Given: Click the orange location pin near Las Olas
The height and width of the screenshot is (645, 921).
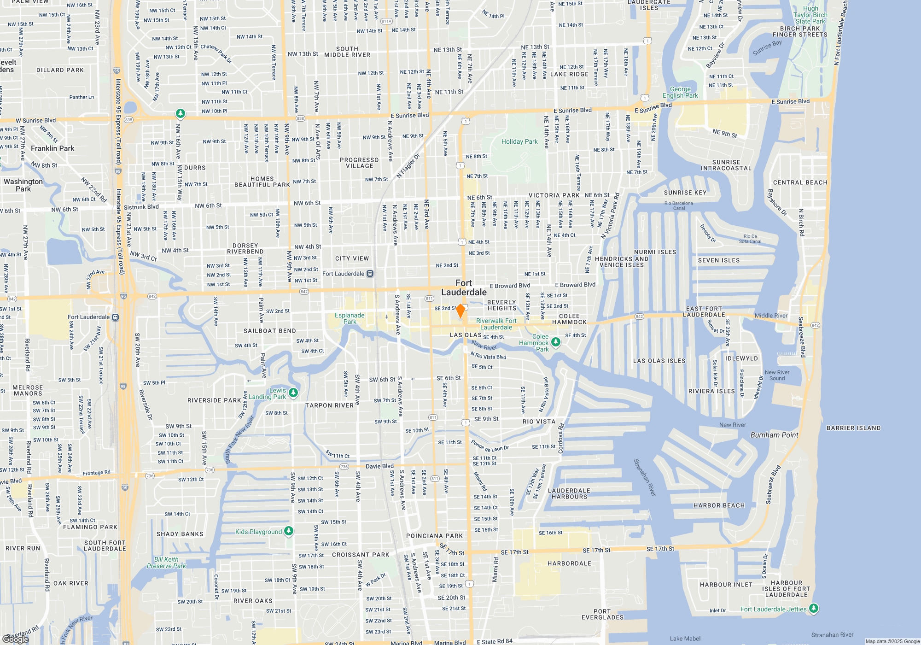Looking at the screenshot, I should point(460,311).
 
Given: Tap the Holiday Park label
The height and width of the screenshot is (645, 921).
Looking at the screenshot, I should point(519,141).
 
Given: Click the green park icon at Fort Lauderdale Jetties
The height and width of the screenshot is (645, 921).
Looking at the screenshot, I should point(814,609).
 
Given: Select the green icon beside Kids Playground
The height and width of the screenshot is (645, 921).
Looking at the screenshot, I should point(289,531).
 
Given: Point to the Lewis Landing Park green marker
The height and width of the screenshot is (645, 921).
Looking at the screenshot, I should point(293,393).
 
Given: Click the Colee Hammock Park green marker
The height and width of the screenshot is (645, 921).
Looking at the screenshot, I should point(556,342).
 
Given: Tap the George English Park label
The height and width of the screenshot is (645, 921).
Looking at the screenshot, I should point(680,92).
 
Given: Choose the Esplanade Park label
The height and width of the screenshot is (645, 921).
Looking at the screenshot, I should point(350,318).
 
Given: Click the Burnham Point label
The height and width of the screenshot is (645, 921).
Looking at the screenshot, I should point(774,435).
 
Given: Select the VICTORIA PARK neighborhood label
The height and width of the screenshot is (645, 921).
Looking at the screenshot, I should point(554,195).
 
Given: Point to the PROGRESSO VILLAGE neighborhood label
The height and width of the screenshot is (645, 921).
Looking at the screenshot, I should point(359,163).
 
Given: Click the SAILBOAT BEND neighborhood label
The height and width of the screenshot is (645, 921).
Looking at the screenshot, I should point(269,331).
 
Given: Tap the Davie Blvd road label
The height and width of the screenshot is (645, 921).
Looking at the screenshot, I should point(379,466).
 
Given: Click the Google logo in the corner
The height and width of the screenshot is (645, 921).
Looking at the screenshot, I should point(16,639).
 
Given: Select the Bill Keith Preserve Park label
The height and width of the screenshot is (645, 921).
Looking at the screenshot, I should point(166,563).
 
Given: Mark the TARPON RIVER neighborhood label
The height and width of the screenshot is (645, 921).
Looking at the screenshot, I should point(329,405).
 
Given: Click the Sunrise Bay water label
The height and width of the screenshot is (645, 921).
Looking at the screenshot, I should point(767,48).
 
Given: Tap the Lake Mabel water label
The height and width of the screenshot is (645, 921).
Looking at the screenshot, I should point(685,639).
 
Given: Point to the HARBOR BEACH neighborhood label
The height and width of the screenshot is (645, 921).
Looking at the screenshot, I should point(719,505).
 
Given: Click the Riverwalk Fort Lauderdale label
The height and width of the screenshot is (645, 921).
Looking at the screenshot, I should point(496,324).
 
